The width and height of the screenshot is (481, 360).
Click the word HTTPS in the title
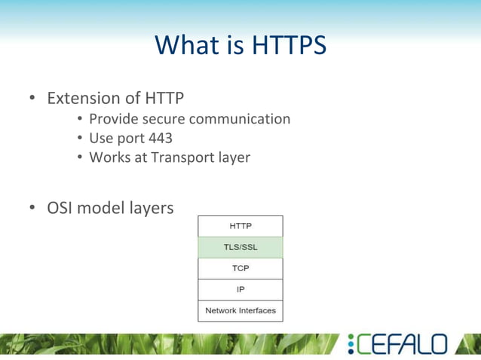pos(289,46)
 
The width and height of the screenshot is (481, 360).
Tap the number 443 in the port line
pos(160,139)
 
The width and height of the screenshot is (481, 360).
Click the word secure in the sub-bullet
pos(160,119)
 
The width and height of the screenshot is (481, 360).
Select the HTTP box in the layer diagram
pos(240,226)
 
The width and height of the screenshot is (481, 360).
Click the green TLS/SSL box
pos(240,247)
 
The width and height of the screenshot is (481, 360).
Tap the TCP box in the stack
pos(240,268)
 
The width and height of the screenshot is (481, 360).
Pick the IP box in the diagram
pos(240,289)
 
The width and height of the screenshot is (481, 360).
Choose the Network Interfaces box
pos(240,310)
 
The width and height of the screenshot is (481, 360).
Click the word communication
pos(240,119)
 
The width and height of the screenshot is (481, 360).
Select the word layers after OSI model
pos(151,208)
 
